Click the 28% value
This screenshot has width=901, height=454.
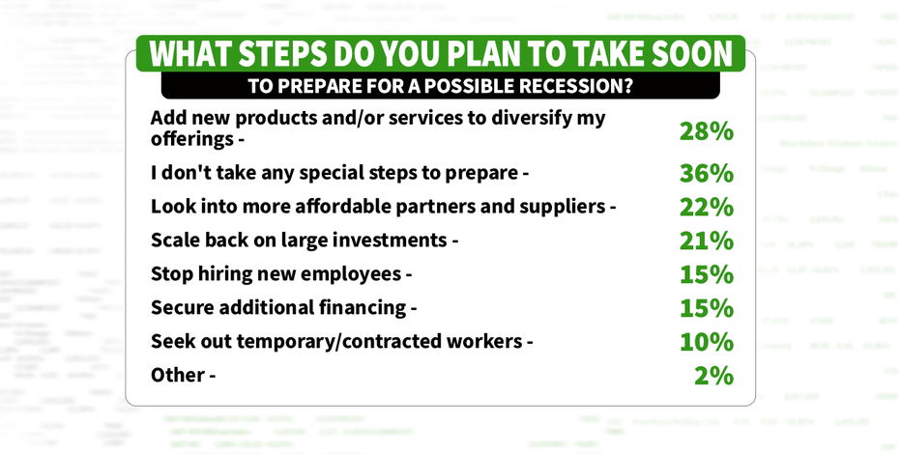point(707,131)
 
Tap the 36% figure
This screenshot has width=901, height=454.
point(707,173)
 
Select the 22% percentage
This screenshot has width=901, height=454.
point(707,207)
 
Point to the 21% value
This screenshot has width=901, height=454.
point(707,241)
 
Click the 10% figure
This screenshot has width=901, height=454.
point(707,342)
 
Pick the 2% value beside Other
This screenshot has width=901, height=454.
point(713,376)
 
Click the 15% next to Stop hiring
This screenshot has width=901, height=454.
point(707,274)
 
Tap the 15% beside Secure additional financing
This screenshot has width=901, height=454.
point(707,308)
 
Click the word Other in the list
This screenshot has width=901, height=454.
point(178,375)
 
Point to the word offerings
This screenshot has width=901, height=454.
point(190,139)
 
